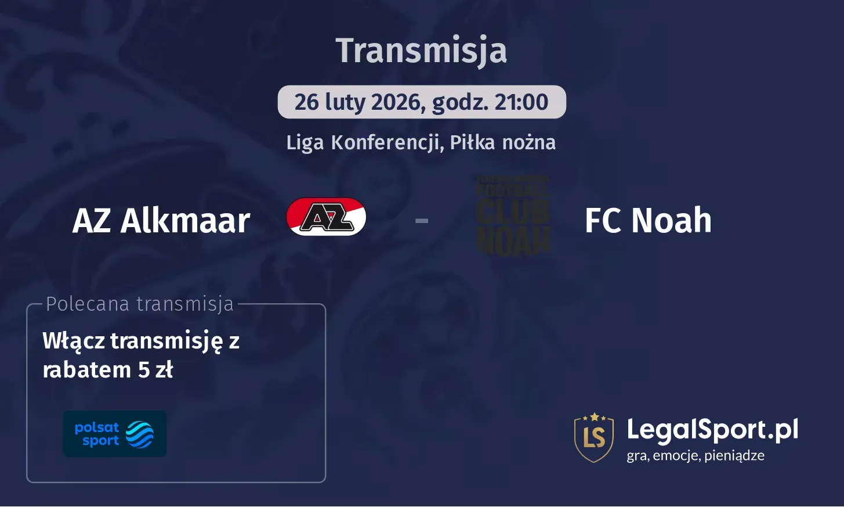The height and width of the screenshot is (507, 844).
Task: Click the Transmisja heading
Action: [x=421, y=51]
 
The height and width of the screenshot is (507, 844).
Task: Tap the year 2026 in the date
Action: [x=395, y=102]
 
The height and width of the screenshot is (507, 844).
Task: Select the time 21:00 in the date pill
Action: [x=521, y=102]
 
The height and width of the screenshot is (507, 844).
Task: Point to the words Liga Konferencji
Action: [x=364, y=142]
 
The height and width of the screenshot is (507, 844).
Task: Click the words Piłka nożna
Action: [x=502, y=142]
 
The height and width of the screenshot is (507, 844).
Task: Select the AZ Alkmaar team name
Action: [x=161, y=221]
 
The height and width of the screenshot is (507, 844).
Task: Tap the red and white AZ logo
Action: [x=326, y=217]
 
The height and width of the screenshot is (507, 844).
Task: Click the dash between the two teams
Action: [x=422, y=221]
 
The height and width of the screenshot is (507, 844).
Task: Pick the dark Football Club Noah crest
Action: [x=513, y=216]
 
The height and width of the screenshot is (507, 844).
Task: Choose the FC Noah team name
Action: [x=648, y=221]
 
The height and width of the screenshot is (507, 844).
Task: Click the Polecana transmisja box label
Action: [x=140, y=304]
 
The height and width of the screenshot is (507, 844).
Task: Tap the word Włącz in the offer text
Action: [x=74, y=341]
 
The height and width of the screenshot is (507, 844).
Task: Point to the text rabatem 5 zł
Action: [x=108, y=370]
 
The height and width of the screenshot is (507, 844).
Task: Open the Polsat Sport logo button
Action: [x=114, y=434]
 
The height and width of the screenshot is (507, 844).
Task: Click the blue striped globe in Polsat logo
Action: [x=140, y=434]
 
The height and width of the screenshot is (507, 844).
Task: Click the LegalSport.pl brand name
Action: [x=712, y=430]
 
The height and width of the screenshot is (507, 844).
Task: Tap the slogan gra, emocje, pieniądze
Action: [x=696, y=456]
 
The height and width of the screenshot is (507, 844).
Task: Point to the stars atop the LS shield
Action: [x=593, y=416]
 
